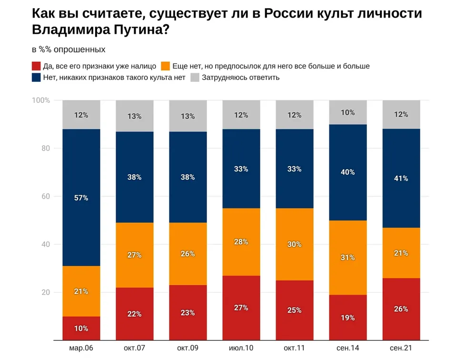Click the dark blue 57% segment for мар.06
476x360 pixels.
pos(81,198)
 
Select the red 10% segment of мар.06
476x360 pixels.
pos(81,328)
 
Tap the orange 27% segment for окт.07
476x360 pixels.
pos(135,255)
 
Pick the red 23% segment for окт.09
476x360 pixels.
pos(188,312)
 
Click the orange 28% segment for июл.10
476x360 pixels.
pos(241,242)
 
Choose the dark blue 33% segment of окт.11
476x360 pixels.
pos(295,169)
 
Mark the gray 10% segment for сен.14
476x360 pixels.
pos(348,112)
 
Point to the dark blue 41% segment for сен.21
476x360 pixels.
pos(401,179)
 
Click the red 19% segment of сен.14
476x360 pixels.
pos(348,317)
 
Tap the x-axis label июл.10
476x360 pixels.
pos(241,348)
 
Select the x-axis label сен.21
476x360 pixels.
pos(401,348)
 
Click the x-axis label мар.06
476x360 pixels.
pos(81,348)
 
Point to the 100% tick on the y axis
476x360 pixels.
pos(41,100)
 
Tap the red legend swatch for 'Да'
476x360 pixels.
pos(36,66)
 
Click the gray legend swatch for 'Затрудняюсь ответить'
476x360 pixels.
pos(195,78)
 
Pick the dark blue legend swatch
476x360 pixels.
pos(36,78)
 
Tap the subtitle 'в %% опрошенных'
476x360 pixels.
pos(69,50)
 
